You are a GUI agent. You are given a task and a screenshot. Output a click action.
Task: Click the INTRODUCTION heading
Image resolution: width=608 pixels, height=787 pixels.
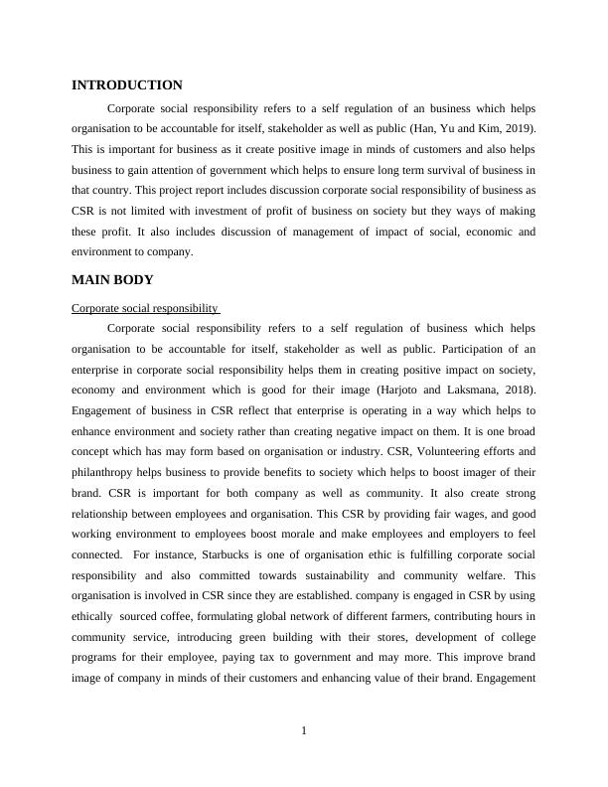click(x=127, y=85)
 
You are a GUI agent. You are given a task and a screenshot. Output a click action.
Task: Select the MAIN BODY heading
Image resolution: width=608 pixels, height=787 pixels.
click(x=112, y=280)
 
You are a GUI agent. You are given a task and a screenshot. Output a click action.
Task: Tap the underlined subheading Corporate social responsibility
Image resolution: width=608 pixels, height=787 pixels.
click(x=145, y=309)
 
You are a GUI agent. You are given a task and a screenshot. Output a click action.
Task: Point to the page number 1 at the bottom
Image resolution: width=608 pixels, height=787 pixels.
click(x=304, y=732)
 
